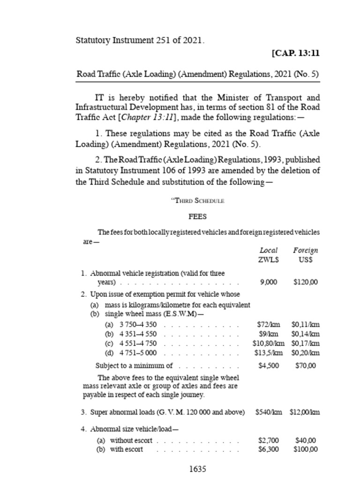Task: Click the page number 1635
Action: pos(197,469)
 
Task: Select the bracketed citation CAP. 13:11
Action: pos(295,53)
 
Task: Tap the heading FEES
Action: pos(197,217)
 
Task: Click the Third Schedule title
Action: pos(197,201)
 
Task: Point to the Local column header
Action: pos(268,251)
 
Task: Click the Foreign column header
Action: pos(305,251)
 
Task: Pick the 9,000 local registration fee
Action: pos(268,282)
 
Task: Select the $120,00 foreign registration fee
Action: pos(305,282)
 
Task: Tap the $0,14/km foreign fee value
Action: pos(305,334)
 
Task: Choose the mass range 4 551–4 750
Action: pos(138,344)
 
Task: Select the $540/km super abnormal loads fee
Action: pos(269,412)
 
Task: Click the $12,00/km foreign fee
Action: pos(305,412)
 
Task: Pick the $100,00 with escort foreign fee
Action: pos(305,450)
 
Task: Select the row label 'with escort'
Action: pos(126,450)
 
